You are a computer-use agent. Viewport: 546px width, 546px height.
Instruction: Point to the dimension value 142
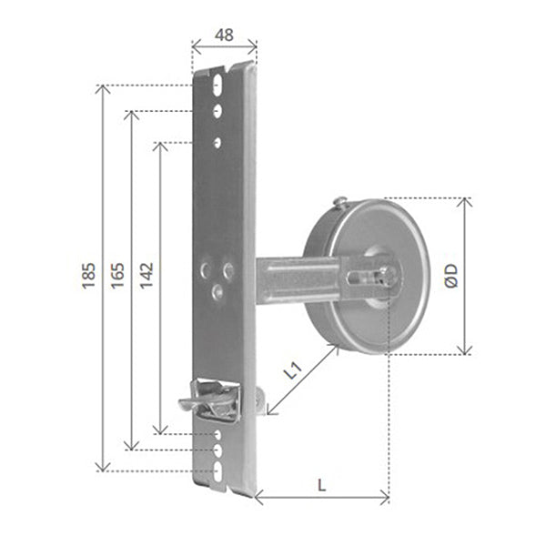[147, 276]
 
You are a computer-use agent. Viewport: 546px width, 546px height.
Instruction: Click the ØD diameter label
[451, 276]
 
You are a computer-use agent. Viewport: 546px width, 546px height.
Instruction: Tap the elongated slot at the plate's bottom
[218, 470]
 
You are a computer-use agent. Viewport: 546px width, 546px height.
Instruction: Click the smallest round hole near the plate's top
[217, 142]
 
